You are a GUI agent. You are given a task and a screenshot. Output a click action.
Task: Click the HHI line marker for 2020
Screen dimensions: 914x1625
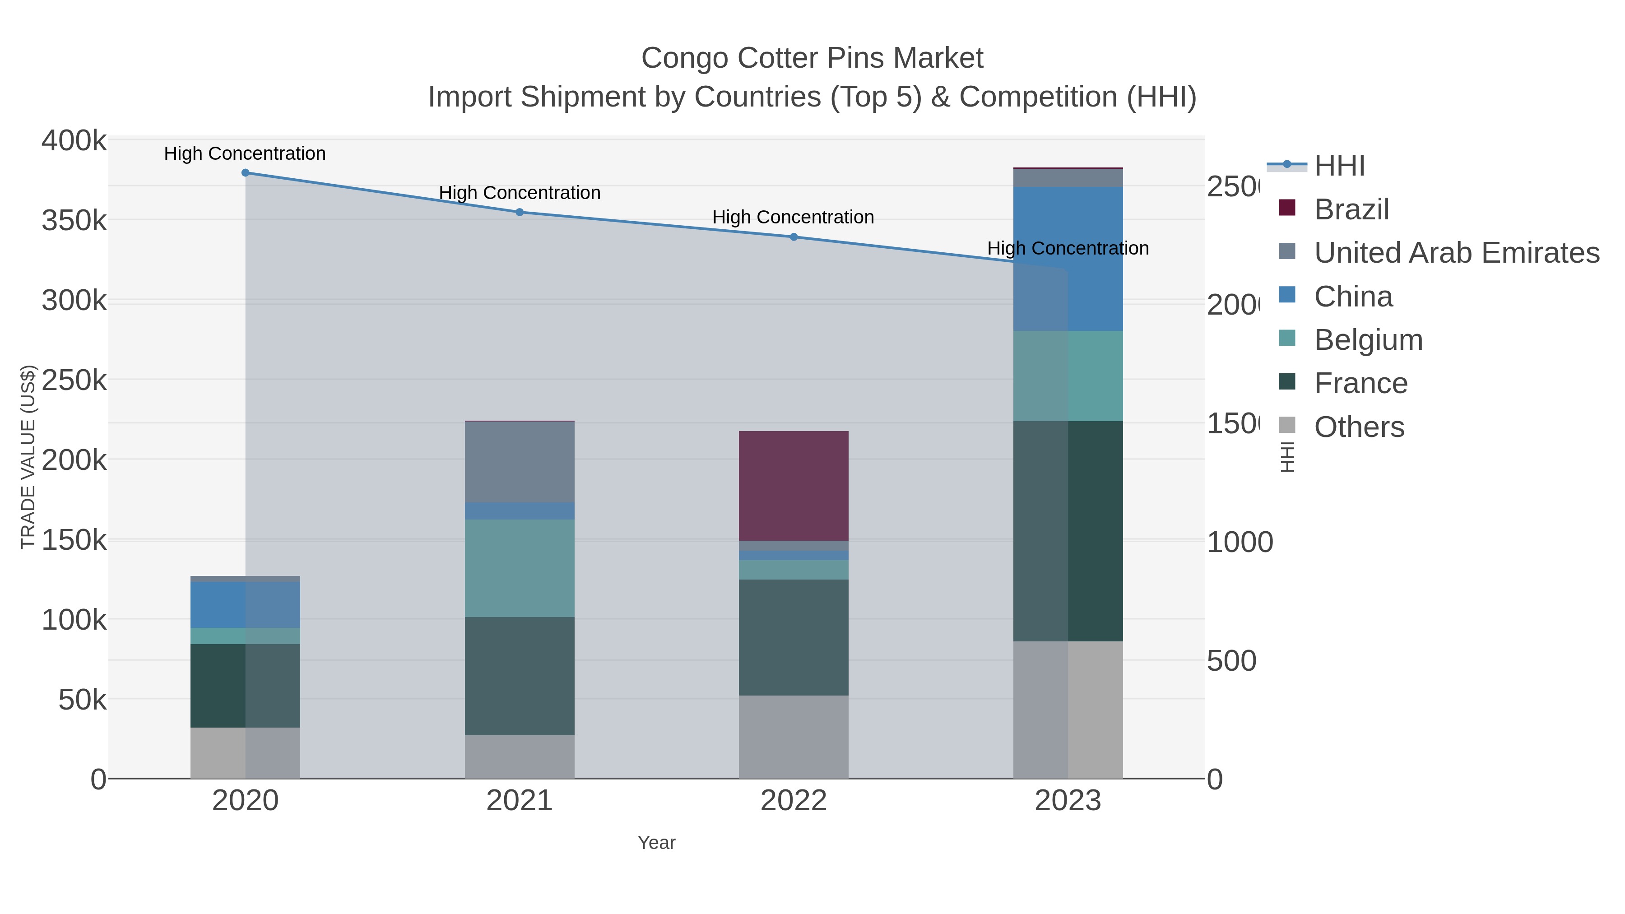point(246,173)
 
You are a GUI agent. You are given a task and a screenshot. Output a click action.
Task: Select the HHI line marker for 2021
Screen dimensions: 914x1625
point(520,212)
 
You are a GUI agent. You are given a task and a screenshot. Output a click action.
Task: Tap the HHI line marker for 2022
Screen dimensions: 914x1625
point(794,237)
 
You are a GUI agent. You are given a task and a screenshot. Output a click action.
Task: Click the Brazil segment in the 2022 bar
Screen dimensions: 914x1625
point(794,486)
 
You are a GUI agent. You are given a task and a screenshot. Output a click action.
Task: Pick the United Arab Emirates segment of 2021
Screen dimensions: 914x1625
point(520,462)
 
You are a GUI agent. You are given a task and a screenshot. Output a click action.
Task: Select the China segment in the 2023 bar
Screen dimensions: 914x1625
point(1095,259)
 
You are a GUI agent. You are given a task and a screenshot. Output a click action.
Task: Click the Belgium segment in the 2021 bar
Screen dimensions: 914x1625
point(520,568)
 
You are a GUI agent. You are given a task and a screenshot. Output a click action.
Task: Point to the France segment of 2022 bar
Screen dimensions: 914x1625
point(794,637)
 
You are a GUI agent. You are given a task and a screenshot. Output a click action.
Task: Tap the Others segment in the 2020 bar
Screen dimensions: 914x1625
point(246,752)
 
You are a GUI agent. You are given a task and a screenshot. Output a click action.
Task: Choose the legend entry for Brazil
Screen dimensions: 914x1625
point(1351,209)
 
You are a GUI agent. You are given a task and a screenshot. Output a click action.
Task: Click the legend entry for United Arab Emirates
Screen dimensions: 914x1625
point(1456,253)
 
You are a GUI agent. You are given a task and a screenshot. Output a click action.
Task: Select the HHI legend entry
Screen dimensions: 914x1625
point(1339,166)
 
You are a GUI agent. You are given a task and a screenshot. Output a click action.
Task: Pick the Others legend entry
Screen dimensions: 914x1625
point(1358,427)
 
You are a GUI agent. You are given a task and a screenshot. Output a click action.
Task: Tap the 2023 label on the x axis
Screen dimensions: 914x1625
point(1068,801)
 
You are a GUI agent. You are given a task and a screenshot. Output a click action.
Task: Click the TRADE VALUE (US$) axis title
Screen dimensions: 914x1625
point(28,457)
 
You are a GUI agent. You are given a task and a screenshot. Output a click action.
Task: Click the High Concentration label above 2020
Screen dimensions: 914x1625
point(245,153)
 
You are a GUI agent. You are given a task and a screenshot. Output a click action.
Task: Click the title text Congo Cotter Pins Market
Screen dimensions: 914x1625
point(812,58)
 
